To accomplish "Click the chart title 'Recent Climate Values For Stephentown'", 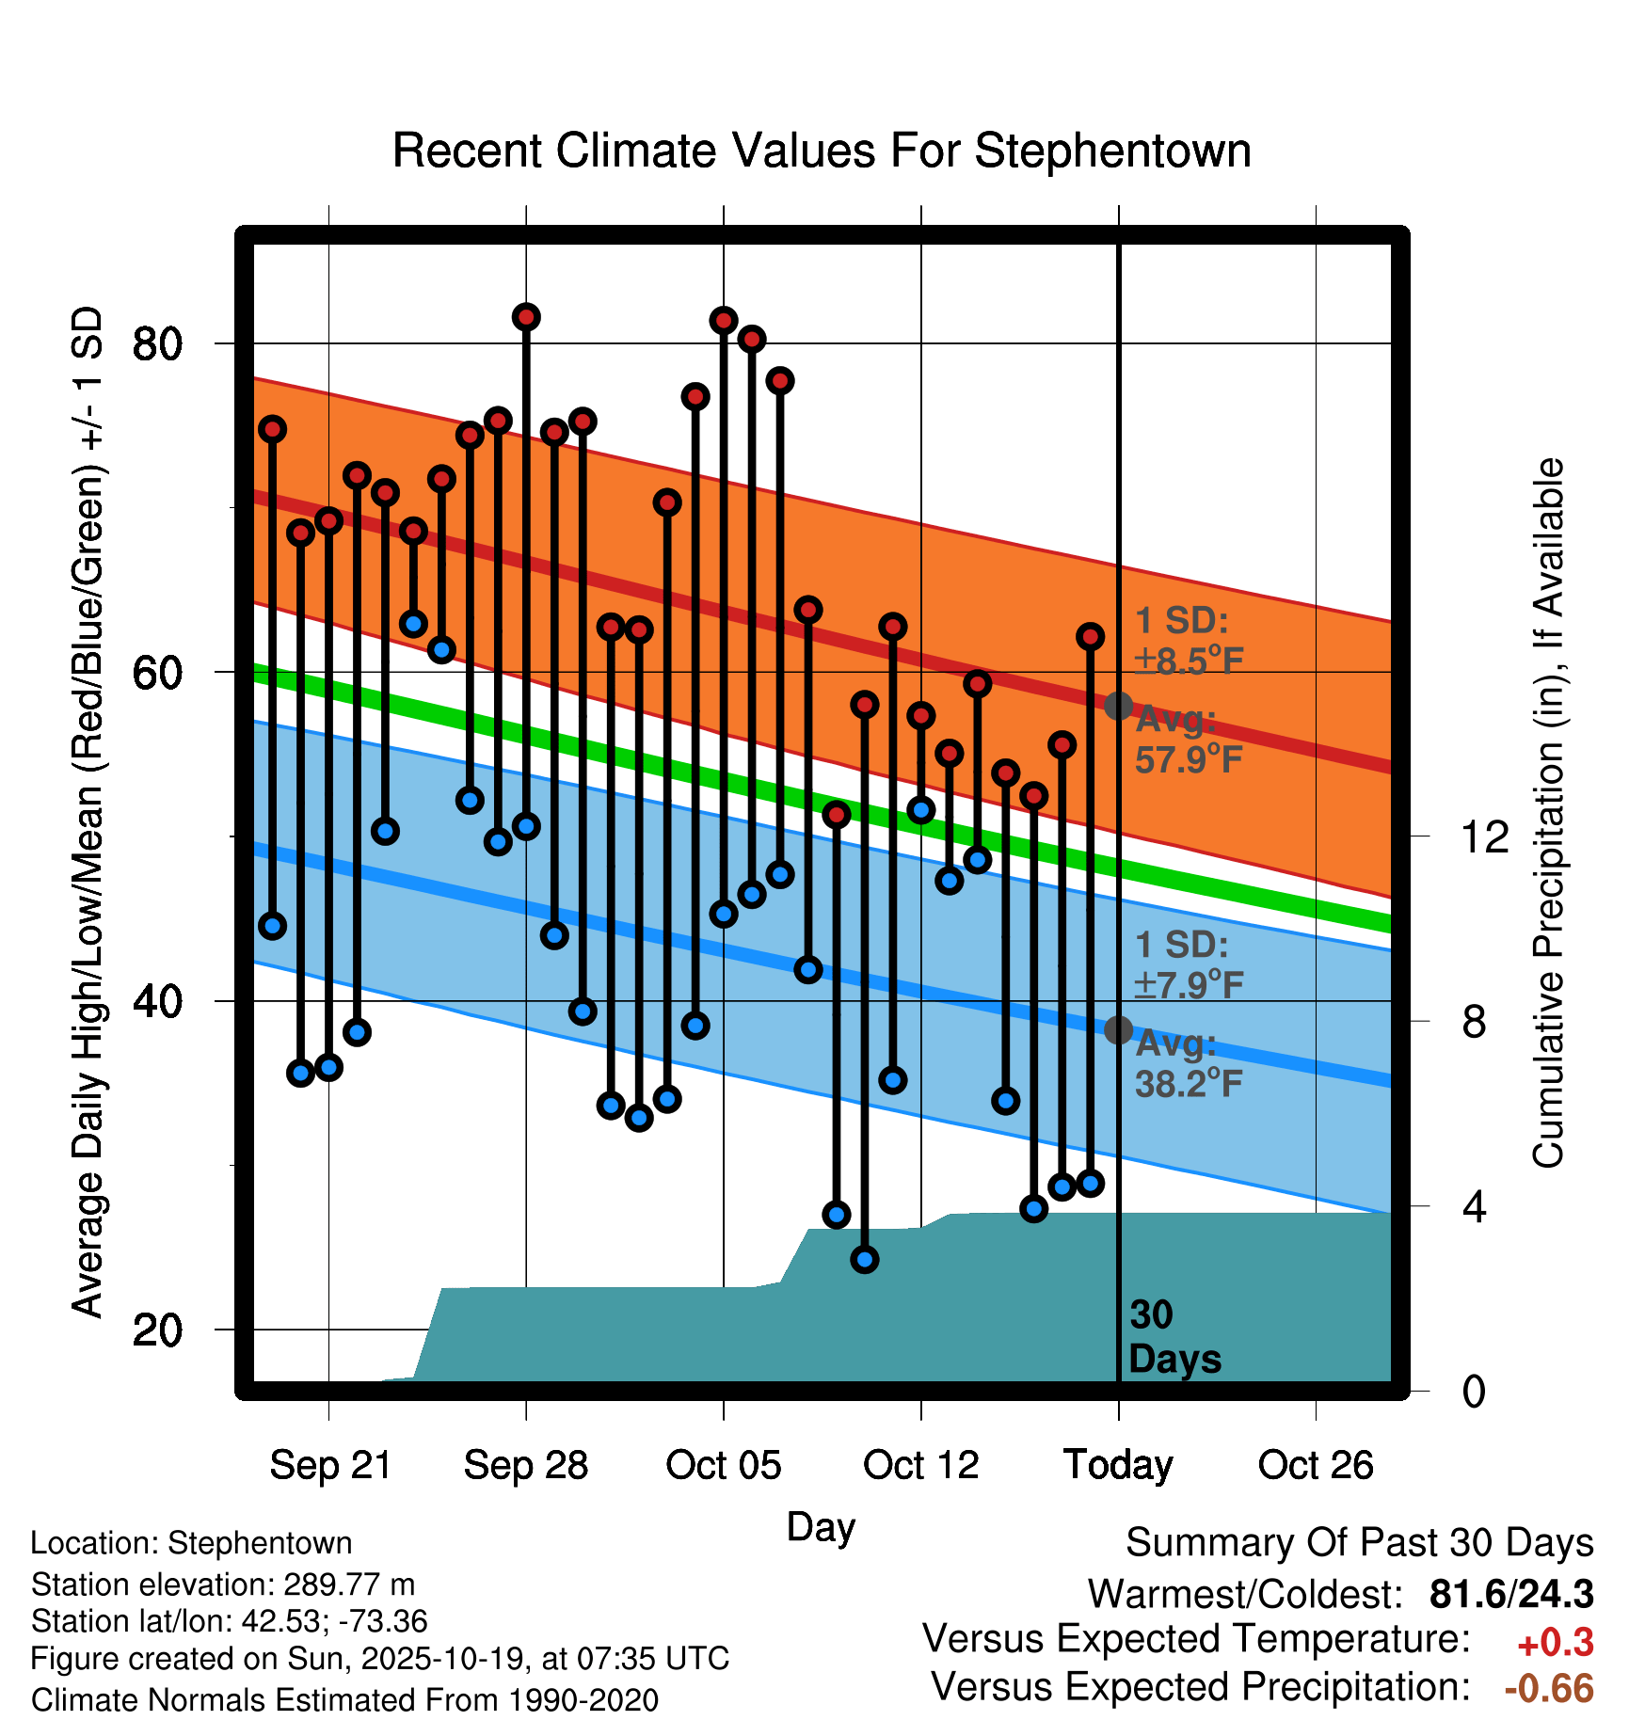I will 822,151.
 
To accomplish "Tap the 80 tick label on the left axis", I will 157,344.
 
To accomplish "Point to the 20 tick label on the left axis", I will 157,1330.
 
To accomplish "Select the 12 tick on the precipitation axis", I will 1485,836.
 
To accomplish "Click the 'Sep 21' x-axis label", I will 329,1465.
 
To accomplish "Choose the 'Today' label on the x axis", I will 1118,1465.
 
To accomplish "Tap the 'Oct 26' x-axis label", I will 1316,1465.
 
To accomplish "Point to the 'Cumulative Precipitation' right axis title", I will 1547,813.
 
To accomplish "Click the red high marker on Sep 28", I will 526,317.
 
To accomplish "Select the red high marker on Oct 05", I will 724,321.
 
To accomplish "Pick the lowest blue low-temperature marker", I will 865,1259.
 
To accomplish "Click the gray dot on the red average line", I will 1118,706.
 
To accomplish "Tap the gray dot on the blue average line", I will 1118,1030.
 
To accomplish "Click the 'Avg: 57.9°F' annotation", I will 1188,740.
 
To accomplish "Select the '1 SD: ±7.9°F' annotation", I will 1188,964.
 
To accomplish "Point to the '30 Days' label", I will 1174,1337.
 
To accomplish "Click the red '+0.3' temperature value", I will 1555,1643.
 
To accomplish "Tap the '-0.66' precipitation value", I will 1549,1688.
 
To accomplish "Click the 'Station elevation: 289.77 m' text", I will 223,1585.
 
